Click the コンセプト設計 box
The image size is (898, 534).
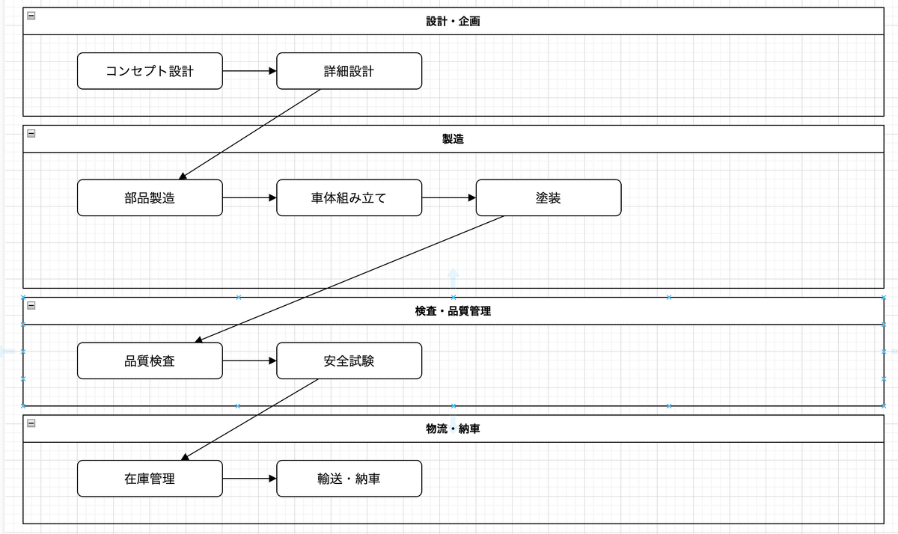[150, 71]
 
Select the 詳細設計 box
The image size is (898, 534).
[349, 71]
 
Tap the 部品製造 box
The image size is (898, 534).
[150, 198]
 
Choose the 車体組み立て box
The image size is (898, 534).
[349, 198]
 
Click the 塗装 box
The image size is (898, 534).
[549, 198]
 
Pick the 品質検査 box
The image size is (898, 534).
[150, 361]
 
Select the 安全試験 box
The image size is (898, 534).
[349, 361]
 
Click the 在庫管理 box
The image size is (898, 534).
[150, 479]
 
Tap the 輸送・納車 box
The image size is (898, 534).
[349, 479]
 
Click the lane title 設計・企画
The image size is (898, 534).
[453, 22]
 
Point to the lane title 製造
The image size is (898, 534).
[453, 139]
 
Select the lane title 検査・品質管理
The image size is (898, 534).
[453, 311]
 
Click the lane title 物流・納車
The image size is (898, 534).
[453, 429]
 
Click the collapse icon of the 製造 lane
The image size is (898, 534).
[31, 133]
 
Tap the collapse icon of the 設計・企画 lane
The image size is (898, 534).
[31, 16]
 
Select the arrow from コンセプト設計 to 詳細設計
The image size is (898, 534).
[249, 71]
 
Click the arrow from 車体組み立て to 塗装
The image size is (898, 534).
[449, 198]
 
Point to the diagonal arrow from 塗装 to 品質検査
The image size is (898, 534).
[350, 279]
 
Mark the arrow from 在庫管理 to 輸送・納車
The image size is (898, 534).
[249, 479]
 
